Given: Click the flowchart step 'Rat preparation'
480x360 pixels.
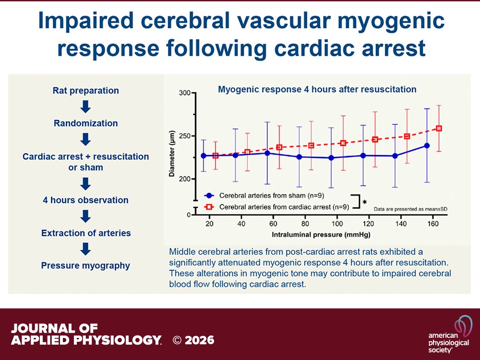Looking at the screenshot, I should tap(86, 91).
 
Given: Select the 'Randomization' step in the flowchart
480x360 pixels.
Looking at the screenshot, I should tap(86, 123).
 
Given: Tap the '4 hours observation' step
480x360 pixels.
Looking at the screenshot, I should tap(86, 200).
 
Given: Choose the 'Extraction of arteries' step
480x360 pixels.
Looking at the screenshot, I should tap(86, 233).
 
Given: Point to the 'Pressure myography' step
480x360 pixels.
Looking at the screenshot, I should tap(86, 265).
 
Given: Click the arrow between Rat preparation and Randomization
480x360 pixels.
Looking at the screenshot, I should tap(86, 107).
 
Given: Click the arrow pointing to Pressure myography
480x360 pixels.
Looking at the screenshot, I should tap(86, 250).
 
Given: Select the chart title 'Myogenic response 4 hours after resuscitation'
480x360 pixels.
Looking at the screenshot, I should tap(317, 89).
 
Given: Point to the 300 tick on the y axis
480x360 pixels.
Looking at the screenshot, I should tap(184, 93).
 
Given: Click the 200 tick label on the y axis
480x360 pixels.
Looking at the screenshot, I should tap(184, 179).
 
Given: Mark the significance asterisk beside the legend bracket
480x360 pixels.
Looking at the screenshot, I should tap(365, 202).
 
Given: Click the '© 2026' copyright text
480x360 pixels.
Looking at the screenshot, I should tap(193, 340).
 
